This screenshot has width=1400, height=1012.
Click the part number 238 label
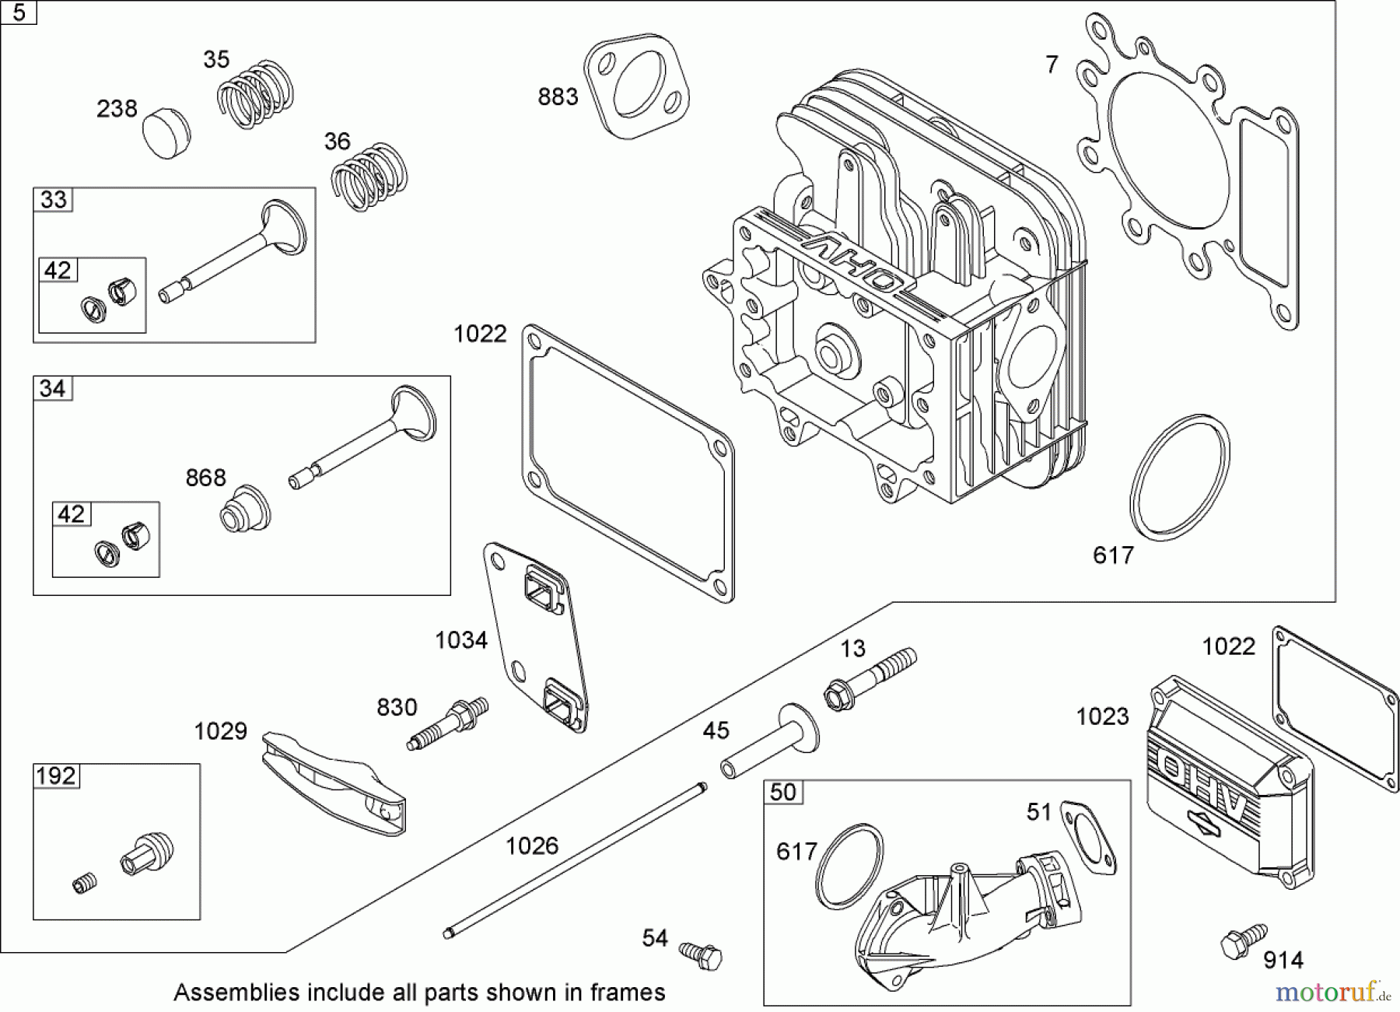pos(117,109)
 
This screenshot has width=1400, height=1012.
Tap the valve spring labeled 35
pos(255,93)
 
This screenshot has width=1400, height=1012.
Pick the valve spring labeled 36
pos(369,177)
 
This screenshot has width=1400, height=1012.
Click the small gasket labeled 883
pos(637,86)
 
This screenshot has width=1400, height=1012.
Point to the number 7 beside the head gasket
pos(1052,65)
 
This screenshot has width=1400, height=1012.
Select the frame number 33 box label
pos(53,200)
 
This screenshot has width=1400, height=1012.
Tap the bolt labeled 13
pos(870,679)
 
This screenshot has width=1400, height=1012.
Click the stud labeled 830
pos(449,723)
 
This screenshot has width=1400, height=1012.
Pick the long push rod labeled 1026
pos(576,858)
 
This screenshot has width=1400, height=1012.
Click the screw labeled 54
pos(701,954)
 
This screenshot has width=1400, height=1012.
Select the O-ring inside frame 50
pos(849,866)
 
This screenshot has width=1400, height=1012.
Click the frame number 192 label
pos(56,776)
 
